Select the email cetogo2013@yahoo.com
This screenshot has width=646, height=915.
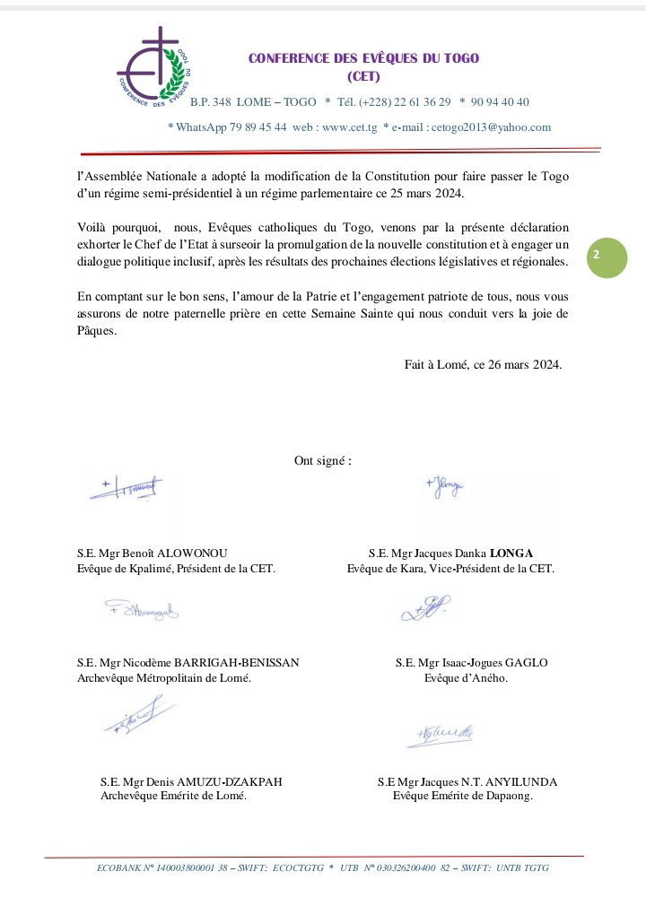click(x=491, y=127)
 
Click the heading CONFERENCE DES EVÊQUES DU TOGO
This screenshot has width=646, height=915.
click(x=363, y=58)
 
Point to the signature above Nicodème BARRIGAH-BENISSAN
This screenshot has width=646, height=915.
click(x=142, y=612)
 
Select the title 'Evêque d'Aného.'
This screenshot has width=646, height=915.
click(x=466, y=678)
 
